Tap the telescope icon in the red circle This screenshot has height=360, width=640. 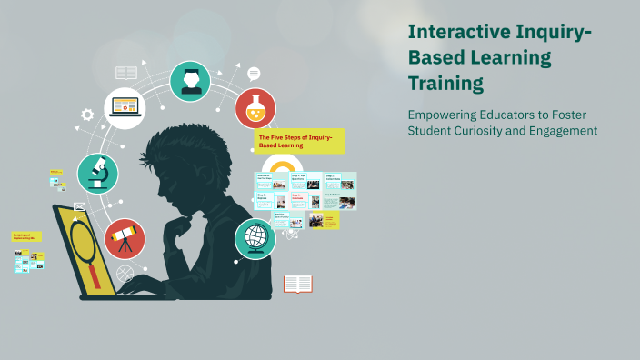(x=125, y=239)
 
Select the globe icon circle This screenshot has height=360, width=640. (x=255, y=238)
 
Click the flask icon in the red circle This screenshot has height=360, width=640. (x=255, y=108)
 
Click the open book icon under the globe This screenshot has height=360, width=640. (x=297, y=284)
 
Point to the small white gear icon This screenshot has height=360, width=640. (x=87, y=115)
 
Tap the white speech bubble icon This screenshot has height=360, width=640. (x=254, y=74)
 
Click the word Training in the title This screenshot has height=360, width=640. (x=445, y=85)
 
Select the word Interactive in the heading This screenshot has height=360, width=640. (x=454, y=32)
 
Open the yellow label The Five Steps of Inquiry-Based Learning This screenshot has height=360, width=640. (x=300, y=140)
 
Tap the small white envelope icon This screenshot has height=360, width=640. (x=79, y=206)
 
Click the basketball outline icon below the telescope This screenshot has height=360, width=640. (x=125, y=273)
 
